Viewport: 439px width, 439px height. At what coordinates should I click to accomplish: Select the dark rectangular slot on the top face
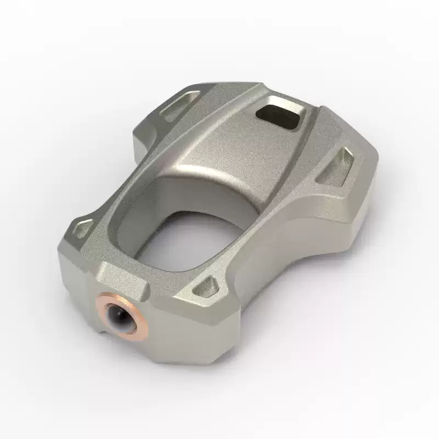pos(279,114)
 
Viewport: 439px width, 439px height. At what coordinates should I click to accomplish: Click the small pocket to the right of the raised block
pos(209,285)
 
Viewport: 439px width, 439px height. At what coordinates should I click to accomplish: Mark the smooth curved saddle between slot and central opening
pos(230,148)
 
